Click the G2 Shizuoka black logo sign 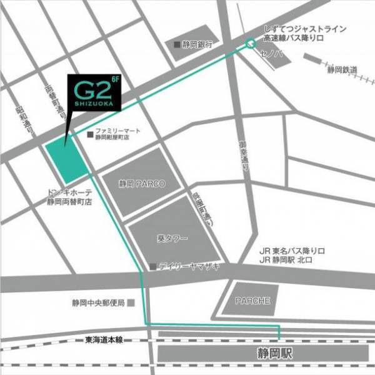(x=94, y=94)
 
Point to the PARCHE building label (x=252, y=301)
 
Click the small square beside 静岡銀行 (x=177, y=44)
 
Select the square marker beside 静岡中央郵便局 (x=131, y=302)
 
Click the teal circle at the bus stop (x=250, y=44)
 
